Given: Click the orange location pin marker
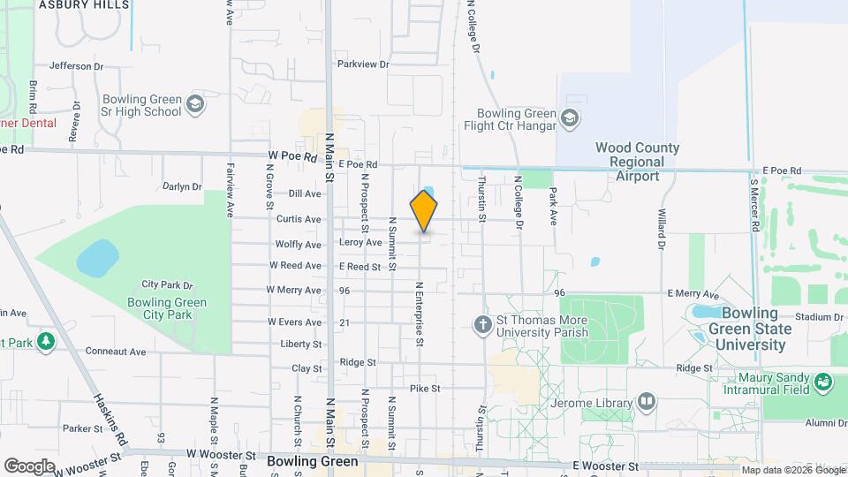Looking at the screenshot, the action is (424, 210).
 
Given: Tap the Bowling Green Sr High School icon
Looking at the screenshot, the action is (195, 106).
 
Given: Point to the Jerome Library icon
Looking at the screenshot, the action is (647, 403).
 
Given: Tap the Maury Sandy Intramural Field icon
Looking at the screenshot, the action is (823, 382).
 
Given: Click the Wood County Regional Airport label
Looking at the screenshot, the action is (637, 163).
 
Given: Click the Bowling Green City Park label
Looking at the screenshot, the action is (173, 309).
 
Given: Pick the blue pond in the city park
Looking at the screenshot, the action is (97, 258).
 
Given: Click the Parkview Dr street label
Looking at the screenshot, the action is (362, 64).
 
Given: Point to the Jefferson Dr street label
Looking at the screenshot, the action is (77, 65).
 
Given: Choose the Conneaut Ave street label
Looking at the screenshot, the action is (116, 352).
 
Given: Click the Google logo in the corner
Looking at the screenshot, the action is (30, 466).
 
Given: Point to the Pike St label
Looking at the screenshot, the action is (425, 389).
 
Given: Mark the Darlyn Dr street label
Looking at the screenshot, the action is (182, 187).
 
